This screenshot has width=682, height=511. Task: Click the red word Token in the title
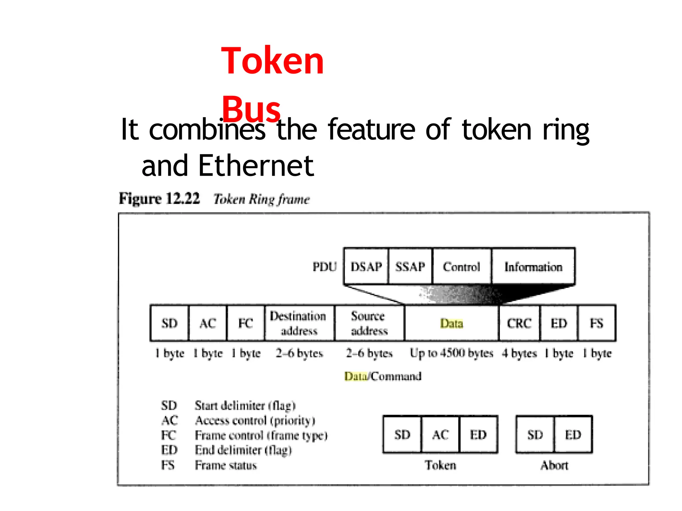(272, 61)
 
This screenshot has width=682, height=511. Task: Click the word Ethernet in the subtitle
(256, 166)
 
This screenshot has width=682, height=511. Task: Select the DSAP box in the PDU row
(366, 266)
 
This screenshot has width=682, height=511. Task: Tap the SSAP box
(410, 266)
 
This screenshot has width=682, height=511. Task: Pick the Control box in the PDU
(461, 266)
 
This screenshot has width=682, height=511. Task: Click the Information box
(533, 266)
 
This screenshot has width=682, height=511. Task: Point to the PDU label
(324, 266)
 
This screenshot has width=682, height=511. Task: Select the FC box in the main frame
(245, 323)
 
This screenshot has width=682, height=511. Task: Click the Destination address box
(299, 323)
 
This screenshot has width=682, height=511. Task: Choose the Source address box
(369, 323)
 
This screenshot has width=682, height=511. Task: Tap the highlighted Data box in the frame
(451, 323)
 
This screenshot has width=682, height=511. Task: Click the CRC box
(519, 323)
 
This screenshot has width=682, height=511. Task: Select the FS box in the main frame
(596, 323)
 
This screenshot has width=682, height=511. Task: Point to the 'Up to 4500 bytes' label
(451, 353)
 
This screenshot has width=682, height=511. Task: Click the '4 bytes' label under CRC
(519, 353)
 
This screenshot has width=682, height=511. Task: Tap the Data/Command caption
(383, 376)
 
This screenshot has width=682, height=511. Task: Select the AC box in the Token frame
(440, 434)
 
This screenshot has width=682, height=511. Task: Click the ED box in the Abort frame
(573, 434)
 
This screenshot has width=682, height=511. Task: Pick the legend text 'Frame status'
(226, 465)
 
